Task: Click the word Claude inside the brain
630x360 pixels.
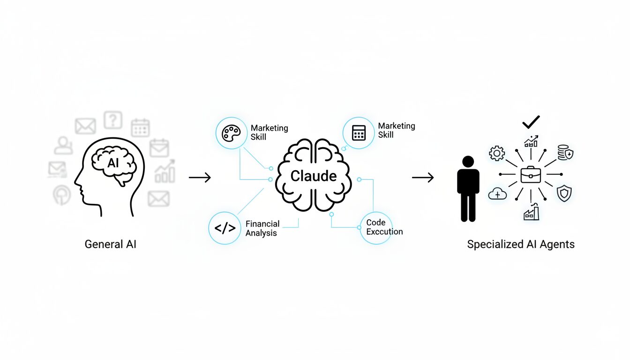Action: pyautogui.click(x=314, y=176)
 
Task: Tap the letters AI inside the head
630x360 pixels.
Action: pyautogui.click(x=113, y=163)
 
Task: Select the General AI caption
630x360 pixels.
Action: pyautogui.click(x=111, y=244)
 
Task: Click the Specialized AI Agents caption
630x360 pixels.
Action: pyautogui.click(x=521, y=244)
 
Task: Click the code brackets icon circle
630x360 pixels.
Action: pyautogui.click(x=225, y=228)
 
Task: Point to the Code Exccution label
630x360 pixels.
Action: pyautogui.click(x=384, y=227)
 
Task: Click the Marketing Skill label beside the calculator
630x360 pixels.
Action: pyautogui.click(x=396, y=130)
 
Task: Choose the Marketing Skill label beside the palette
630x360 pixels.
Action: pyautogui.click(x=269, y=132)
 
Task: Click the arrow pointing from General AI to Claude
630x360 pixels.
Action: pyautogui.click(x=200, y=177)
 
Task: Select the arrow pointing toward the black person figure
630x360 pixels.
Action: pyautogui.click(x=423, y=177)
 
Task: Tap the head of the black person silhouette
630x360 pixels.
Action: pyautogui.click(x=468, y=161)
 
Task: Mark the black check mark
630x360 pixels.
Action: pyautogui.click(x=531, y=122)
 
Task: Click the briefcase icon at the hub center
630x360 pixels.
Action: pyautogui.click(x=531, y=175)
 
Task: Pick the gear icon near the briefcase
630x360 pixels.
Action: pyautogui.click(x=497, y=153)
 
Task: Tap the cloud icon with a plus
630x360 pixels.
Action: pyautogui.click(x=497, y=194)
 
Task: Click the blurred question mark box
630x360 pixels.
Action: pyautogui.click(x=112, y=120)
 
